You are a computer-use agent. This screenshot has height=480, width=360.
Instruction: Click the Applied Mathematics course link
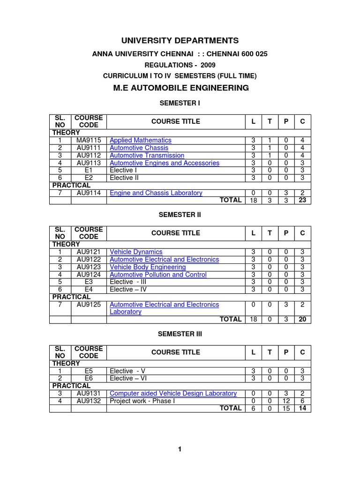coord(140,140)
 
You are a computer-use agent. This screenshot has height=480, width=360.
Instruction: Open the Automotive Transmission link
coord(147,155)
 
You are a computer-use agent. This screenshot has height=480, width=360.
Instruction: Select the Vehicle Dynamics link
coord(136,252)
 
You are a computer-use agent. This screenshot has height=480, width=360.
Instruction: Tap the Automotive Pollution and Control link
coord(158,274)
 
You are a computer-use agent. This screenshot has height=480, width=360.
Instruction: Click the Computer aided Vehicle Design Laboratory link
coord(173,393)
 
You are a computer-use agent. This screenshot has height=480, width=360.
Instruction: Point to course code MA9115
coord(89,140)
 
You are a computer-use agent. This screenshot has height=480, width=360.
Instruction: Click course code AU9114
coord(89,193)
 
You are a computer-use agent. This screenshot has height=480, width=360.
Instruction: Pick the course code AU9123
coord(89,267)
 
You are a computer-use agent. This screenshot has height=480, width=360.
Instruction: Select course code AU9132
coord(89,401)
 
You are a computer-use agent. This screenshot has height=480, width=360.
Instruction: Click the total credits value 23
coord(302,200)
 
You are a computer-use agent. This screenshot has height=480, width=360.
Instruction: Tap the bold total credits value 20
coord(302,319)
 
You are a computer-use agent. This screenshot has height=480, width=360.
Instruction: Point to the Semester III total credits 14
coord(302,408)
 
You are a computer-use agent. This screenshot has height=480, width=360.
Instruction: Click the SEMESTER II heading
coord(180,214)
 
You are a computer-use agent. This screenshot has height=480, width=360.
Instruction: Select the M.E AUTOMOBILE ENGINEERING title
coord(180,88)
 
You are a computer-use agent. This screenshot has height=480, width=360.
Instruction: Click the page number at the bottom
coord(180,450)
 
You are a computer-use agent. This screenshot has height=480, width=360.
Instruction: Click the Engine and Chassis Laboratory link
coord(156,193)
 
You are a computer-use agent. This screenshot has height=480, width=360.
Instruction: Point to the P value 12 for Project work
coord(286,401)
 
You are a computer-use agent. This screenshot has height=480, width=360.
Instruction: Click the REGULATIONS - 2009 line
coord(180,65)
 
